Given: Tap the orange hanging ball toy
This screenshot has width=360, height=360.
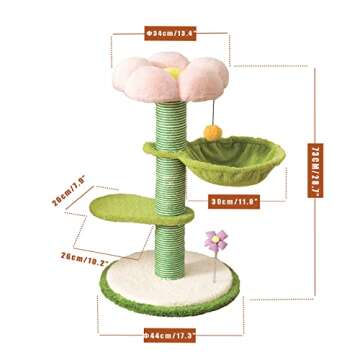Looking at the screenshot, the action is (213, 131).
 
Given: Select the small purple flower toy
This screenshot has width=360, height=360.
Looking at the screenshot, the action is (214, 240).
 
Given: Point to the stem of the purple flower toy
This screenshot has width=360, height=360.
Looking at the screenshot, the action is (215, 262).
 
